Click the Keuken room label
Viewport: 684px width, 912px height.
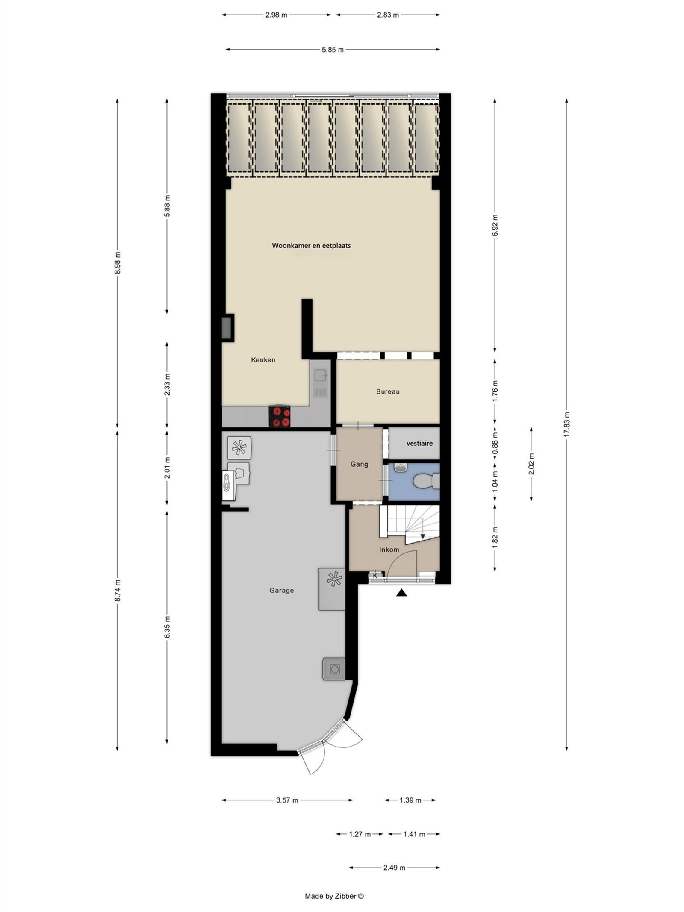(263, 360)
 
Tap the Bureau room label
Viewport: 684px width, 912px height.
(388, 391)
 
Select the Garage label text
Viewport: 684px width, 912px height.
(281, 591)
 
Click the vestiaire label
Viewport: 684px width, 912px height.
(419, 443)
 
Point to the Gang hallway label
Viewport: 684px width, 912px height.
(359, 464)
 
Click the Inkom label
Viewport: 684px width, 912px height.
(389, 550)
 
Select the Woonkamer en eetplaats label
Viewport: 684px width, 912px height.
(311, 246)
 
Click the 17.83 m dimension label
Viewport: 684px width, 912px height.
(567, 424)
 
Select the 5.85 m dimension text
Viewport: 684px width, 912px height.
(333, 50)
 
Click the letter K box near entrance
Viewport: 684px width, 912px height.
(375, 575)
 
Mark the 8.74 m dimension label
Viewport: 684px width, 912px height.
(118, 591)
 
